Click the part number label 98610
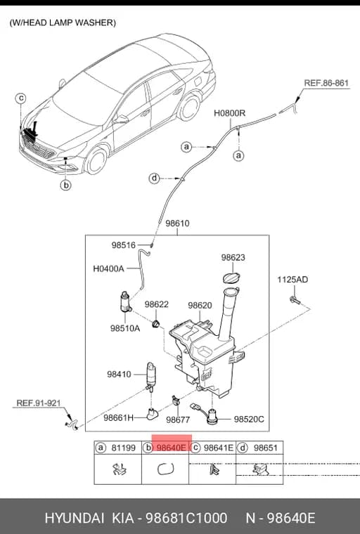pos(177,223)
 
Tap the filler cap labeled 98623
pos(231,278)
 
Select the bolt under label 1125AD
pos(295,300)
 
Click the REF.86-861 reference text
pos(326,83)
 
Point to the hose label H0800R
pos(229,113)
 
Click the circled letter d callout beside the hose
pos(155,178)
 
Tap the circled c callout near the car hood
pos(21,98)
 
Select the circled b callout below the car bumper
pos(66,185)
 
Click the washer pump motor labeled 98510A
pos(125,301)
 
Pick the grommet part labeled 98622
pos(156,323)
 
